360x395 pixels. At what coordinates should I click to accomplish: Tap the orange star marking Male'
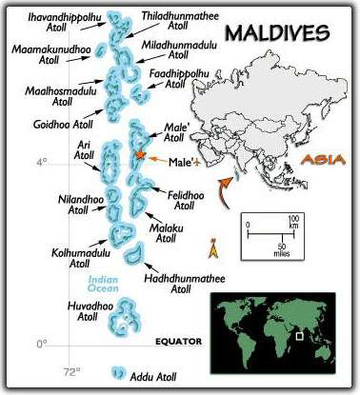(x=140, y=154)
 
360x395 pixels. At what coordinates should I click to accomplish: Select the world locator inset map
(x=278, y=330)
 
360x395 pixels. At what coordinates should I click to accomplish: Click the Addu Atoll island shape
(x=119, y=375)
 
